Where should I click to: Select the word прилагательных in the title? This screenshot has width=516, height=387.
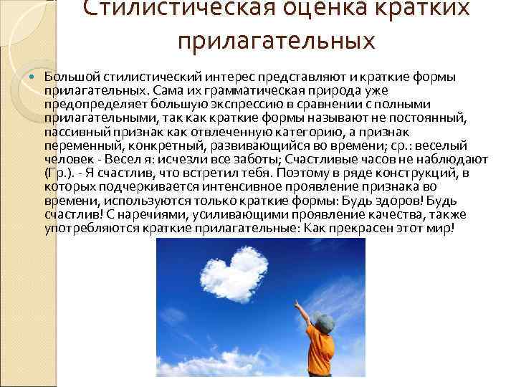[277, 41]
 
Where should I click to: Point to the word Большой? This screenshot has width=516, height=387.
[72, 77]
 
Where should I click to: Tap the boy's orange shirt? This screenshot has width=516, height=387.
[321, 352]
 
